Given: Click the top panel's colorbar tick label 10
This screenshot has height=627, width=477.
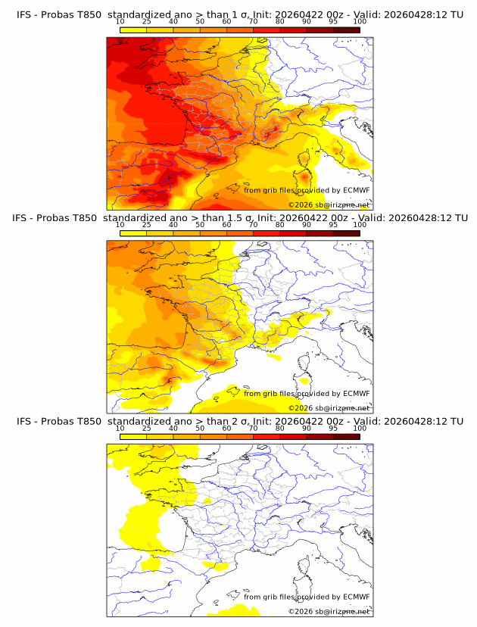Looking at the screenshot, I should pyautogui.click(x=120, y=21).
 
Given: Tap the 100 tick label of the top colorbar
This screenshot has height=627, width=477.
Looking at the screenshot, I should pyautogui.click(x=360, y=21).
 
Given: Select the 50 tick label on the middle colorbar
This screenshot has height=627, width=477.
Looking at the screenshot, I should pyautogui.click(x=200, y=225).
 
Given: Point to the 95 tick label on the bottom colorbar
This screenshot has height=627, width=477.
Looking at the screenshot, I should pyautogui.click(x=333, y=428).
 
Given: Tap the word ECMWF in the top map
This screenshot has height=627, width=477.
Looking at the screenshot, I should pyautogui.click(x=356, y=190).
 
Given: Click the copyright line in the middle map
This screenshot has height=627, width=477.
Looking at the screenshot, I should pyautogui.click(x=329, y=407).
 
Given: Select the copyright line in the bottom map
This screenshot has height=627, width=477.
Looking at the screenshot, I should pyautogui.click(x=329, y=611).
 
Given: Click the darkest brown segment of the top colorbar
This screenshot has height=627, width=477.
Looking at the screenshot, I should pyautogui.click(x=347, y=30).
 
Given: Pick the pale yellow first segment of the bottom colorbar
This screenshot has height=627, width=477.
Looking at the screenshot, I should pyautogui.click(x=132, y=437).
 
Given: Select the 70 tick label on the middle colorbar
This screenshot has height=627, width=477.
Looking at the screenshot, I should pyautogui.click(x=253, y=225).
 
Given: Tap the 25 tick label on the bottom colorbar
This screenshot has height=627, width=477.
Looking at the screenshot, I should pyautogui.click(x=146, y=428).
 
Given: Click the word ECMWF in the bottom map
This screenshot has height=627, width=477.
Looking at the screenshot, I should pyautogui.click(x=356, y=597).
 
